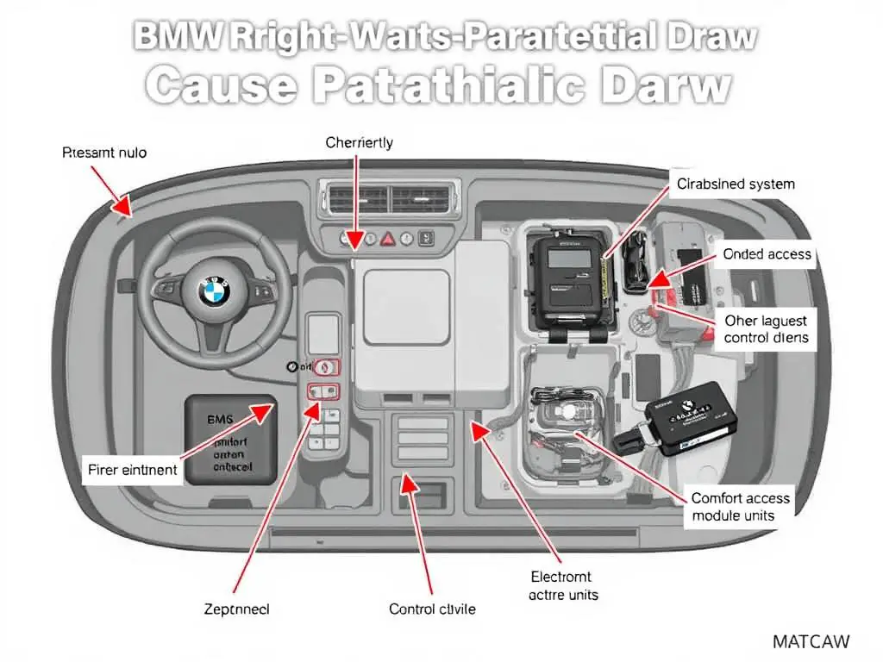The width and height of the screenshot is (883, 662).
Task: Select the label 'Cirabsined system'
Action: point(736,184)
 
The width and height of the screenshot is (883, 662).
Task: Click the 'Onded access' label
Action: point(767,253)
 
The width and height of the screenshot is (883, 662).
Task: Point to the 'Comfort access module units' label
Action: point(741,507)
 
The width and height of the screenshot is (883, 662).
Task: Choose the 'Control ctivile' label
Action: point(432,609)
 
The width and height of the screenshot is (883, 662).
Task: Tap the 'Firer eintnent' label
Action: point(133,470)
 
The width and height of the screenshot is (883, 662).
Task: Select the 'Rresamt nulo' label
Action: point(104,153)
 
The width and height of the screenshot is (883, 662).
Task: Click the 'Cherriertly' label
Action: point(359,142)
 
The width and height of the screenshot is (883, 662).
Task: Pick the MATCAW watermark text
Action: point(811,641)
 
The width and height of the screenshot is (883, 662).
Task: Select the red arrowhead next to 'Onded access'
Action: point(658,278)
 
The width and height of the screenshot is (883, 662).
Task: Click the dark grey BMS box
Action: point(229,440)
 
